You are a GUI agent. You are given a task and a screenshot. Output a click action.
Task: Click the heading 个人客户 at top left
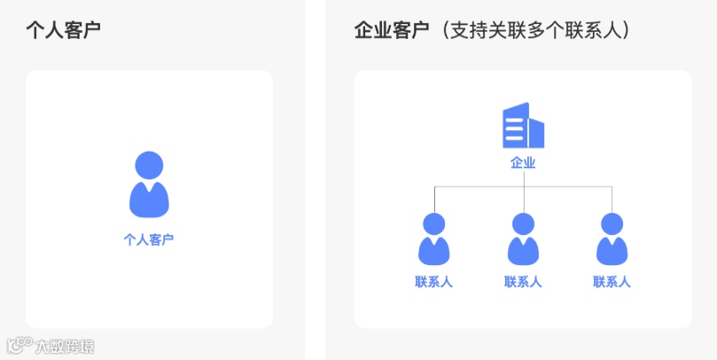(63, 30)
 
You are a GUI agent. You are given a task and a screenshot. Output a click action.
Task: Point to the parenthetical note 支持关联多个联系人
(540, 30)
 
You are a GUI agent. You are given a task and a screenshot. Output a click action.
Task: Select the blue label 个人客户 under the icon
(149, 239)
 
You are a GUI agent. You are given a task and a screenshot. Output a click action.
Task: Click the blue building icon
(523, 126)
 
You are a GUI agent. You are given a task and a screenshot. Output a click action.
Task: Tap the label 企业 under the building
(523, 163)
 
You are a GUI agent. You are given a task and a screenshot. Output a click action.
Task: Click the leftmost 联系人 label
(434, 283)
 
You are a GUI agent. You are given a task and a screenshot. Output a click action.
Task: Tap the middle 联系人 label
(523, 283)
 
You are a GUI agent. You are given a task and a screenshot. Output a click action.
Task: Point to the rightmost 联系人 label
(612, 283)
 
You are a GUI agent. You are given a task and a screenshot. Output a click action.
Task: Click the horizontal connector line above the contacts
(479, 187)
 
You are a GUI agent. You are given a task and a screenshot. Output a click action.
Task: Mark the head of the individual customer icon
(149, 165)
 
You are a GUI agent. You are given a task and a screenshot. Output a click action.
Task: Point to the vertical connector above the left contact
(434, 200)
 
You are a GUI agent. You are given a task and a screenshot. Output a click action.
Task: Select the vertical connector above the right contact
(612, 200)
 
